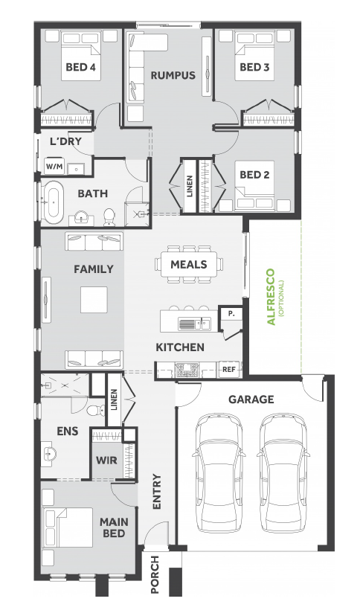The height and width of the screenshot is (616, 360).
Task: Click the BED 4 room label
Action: coord(80,67)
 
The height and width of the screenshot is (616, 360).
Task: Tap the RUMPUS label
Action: coord(173,75)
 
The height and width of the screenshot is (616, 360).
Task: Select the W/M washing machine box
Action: coord(54,166)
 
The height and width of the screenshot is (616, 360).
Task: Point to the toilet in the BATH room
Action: coord(109,217)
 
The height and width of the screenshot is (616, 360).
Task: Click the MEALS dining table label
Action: coord(188,264)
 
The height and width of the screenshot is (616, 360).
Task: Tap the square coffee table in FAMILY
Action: coord(94,300)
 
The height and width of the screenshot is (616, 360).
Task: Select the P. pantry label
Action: coord(231,314)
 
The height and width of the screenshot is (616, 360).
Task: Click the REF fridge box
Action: coord(229,369)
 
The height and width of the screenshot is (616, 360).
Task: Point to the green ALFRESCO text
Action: coord(271,297)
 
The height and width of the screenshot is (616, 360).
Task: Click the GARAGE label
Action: coord(251,400)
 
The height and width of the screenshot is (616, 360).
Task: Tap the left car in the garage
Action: coord(219,472)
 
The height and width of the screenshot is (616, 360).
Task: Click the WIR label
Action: coord(106,460)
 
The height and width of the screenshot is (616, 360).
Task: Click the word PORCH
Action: coord(155,574)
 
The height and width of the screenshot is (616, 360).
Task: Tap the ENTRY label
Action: coord(157,492)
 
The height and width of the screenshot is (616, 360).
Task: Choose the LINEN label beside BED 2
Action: coord(190,186)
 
